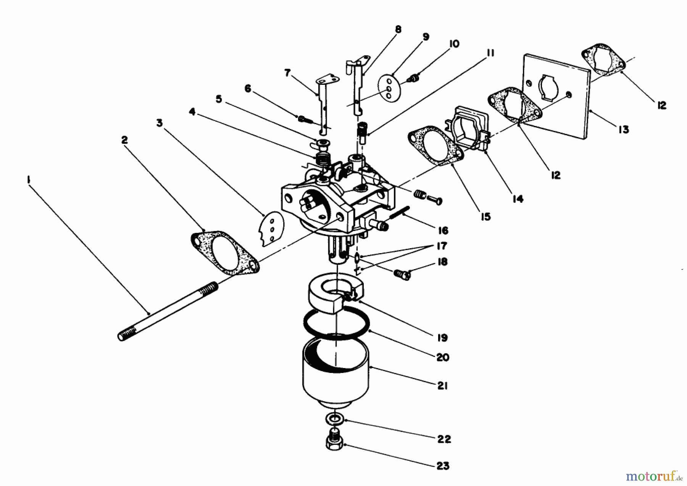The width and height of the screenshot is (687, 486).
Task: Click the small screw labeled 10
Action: click(x=413, y=78)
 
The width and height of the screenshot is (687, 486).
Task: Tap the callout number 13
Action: click(x=623, y=130)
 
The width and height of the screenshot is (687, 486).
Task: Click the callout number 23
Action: click(x=443, y=466)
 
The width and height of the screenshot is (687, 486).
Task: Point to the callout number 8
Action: click(x=398, y=29)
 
